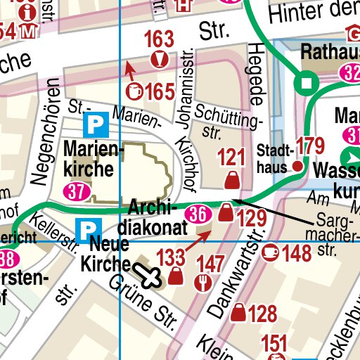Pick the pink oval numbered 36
tap(198, 213)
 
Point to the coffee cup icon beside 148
tap(269, 251)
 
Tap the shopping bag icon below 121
tap(230, 182)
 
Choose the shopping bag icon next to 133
tap(176, 279)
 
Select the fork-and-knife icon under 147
tap(205, 281)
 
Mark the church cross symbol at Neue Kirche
tap(149, 276)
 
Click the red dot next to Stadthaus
tap(297, 166)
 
